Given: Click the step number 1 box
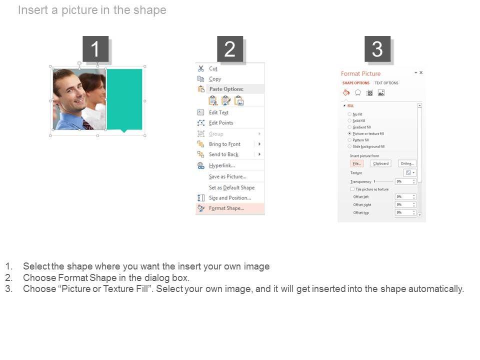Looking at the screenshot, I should coord(95,49).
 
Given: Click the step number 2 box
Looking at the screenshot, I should coord(229,49).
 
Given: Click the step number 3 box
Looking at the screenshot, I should coord(377,49).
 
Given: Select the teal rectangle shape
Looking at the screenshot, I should coord(124,99).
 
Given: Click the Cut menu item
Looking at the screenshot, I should coord(213,68).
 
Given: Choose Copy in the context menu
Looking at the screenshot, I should coord(215,79).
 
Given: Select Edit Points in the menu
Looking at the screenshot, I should coord(220,123).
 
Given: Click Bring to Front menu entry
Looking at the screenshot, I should coord(224,144).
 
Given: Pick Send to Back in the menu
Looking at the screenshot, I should coord(223,154).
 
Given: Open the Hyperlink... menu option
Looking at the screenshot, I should coord(221,165).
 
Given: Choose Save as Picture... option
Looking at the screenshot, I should coord(227,176).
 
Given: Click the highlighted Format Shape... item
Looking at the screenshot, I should coord(226,208).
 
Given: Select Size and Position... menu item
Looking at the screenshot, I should coord(229,198).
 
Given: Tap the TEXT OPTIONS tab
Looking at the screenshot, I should coord(386,83).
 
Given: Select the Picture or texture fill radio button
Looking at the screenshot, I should coord(349,134).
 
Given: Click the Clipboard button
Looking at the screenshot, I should coord(380,163).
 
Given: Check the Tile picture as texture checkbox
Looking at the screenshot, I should coord(352,189).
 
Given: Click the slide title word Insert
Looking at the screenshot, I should coord(32,10).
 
